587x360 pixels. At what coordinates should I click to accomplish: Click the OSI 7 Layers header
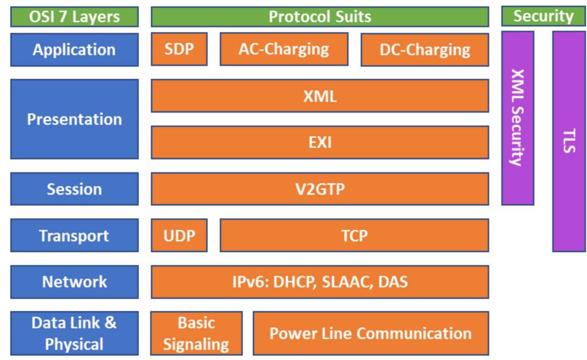pyautogui.click(x=74, y=17)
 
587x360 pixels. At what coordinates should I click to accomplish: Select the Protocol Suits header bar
pyautogui.click(x=320, y=17)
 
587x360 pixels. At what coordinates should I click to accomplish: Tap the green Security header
pyautogui.click(x=543, y=17)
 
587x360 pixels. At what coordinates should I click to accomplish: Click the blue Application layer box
pyautogui.click(x=74, y=49)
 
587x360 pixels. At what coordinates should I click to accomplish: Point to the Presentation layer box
pyautogui.click(x=74, y=119)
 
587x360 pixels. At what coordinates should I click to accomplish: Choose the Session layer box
pyautogui.click(x=74, y=189)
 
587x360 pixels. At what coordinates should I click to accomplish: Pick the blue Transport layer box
pyautogui.click(x=74, y=235)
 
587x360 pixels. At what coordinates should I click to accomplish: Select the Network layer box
pyautogui.click(x=74, y=282)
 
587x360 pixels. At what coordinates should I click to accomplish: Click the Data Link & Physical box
pyautogui.click(x=74, y=333)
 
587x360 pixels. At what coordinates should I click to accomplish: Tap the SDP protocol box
pyautogui.click(x=179, y=49)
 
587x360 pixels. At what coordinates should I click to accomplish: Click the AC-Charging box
pyautogui.click(x=283, y=49)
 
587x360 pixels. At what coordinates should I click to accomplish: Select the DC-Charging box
pyautogui.click(x=425, y=49)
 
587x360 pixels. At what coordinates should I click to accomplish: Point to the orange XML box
pyautogui.click(x=320, y=96)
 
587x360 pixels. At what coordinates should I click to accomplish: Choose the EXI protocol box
pyautogui.click(x=320, y=142)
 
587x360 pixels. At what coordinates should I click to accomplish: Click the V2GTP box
pyautogui.click(x=320, y=189)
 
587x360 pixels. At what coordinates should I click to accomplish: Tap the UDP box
pyautogui.click(x=179, y=235)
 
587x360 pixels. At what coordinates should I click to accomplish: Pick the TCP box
pyautogui.click(x=354, y=235)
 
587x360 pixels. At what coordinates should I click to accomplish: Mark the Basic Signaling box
pyautogui.click(x=196, y=333)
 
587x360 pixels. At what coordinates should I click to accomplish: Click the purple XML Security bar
pyautogui.click(x=518, y=118)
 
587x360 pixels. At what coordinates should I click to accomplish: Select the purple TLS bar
pyautogui.click(x=569, y=141)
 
